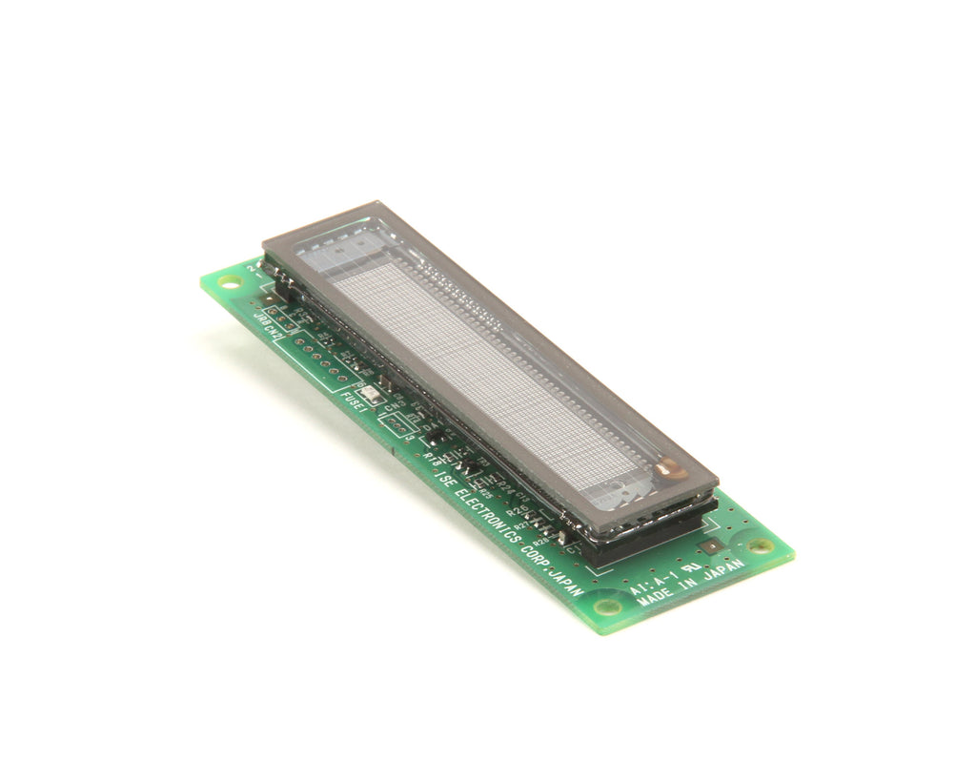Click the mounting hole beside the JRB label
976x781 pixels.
229,282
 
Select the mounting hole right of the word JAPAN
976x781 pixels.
760,545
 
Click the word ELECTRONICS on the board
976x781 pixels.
488,514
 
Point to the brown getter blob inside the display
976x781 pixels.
671,467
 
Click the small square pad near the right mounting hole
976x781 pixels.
712,546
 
